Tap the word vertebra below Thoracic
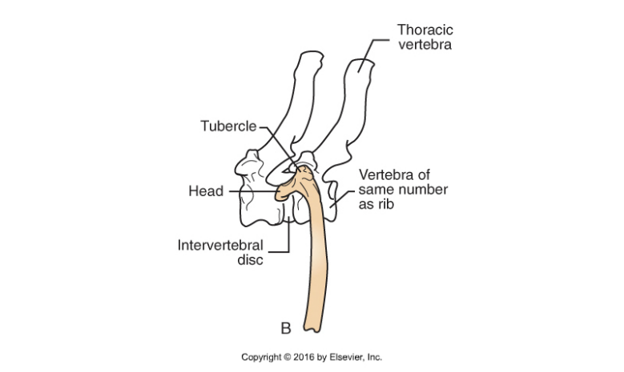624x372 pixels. point(425,45)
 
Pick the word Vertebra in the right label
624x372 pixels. point(384,174)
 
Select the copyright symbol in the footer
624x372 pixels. point(291,357)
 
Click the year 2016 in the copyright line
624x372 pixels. point(308,357)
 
